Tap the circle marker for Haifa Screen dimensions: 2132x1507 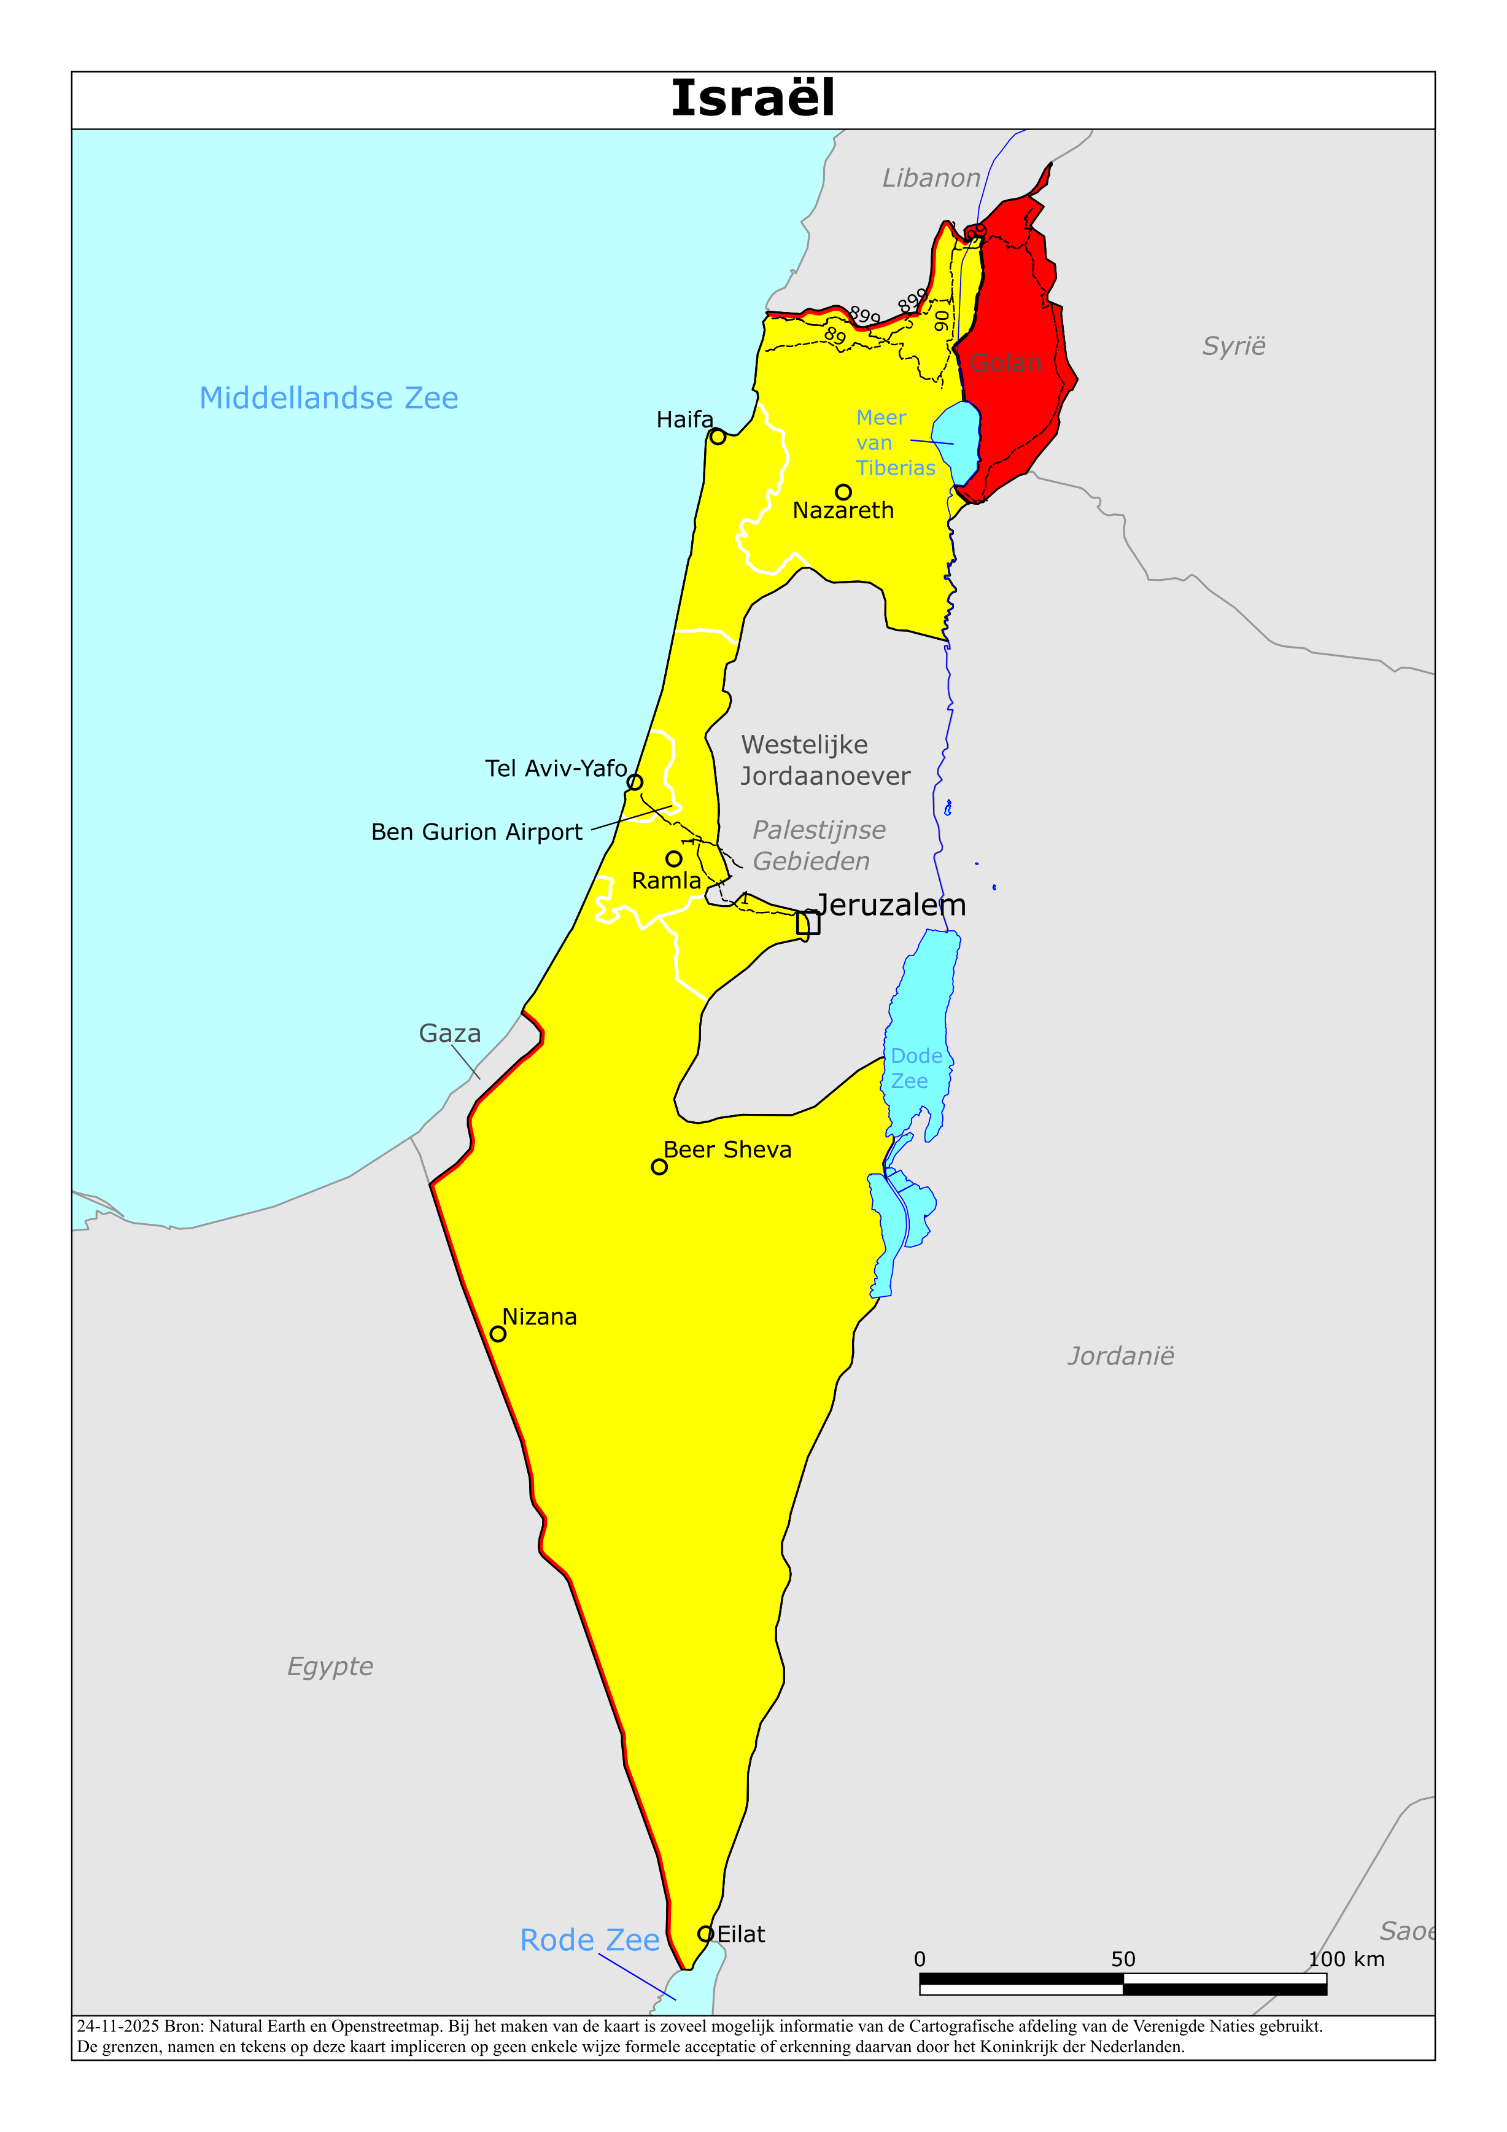click(718, 437)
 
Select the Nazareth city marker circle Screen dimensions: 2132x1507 click(843, 492)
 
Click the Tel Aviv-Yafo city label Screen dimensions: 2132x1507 click(556, 768)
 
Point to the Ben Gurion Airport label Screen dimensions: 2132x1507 click(476, 832)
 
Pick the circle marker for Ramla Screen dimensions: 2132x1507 click(674, 859)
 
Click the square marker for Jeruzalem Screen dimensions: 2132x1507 click(808, 923)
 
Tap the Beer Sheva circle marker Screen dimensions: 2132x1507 click(659, 1167)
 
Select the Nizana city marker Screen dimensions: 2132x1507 click(498, 1334)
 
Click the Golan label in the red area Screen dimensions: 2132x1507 click(1005, 363)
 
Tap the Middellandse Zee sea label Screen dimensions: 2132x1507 click(328, 399)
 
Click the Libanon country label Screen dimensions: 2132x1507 click(931, 178)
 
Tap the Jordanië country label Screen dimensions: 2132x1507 click(1121, 1356)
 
